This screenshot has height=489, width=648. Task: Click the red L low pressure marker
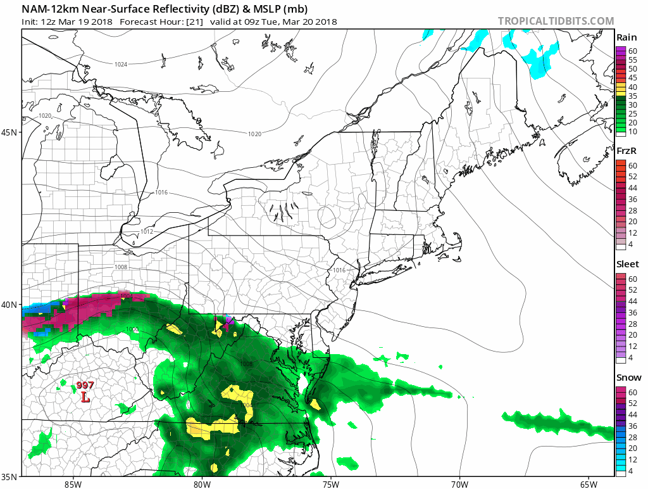coord(85,397)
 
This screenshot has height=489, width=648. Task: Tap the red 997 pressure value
coord(85,385)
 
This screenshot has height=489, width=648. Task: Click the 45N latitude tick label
coord(11,132)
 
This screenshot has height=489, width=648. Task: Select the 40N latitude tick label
coord(11,305)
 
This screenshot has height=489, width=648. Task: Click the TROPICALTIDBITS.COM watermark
coord(556,22)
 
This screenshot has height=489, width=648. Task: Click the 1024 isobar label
coord(121,65)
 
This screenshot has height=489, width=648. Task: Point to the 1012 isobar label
coord(147,231)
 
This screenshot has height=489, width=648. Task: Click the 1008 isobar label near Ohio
coord(121,267)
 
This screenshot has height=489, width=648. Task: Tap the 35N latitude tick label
coord(11,476)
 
